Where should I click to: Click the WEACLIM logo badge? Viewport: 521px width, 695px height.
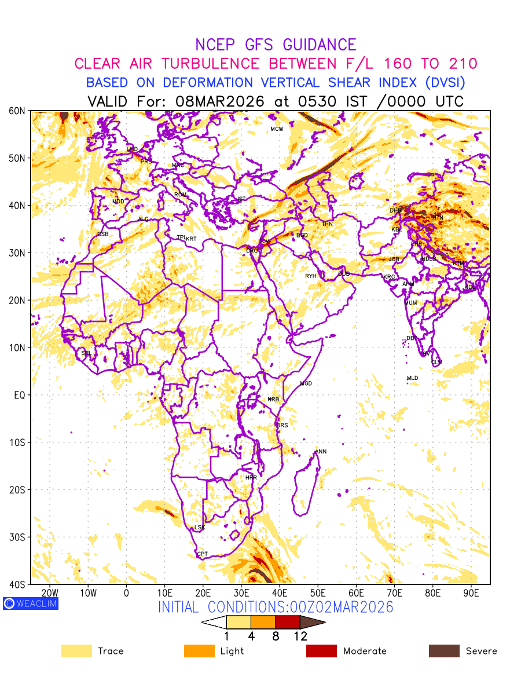(x=30, y=603)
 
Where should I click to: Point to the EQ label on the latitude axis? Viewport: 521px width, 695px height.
(x=19, y=395)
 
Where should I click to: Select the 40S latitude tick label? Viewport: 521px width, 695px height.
(x=18, y=584)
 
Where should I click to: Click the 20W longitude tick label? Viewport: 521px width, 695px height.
(x=50, y=593)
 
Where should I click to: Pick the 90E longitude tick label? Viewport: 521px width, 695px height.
(x=471, y=593)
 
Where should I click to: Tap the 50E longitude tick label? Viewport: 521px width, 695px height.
(x=318, y=593)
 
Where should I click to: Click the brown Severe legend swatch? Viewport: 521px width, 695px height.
(x=444, y=651)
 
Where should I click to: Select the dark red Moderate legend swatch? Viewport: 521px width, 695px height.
(x=321, y=651)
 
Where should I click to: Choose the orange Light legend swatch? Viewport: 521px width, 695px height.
(x=199, y=651)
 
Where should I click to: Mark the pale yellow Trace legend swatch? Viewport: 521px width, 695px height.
(x=76, y=651)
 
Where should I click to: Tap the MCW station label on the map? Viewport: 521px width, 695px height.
(x=277, y=129)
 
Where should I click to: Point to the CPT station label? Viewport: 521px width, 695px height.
(x=202, y=554)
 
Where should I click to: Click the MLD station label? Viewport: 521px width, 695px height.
(x=412, y=378)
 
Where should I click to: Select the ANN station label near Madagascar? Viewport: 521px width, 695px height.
(x=321, y=452)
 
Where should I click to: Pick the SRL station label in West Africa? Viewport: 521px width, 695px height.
(x=86, y=353)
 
